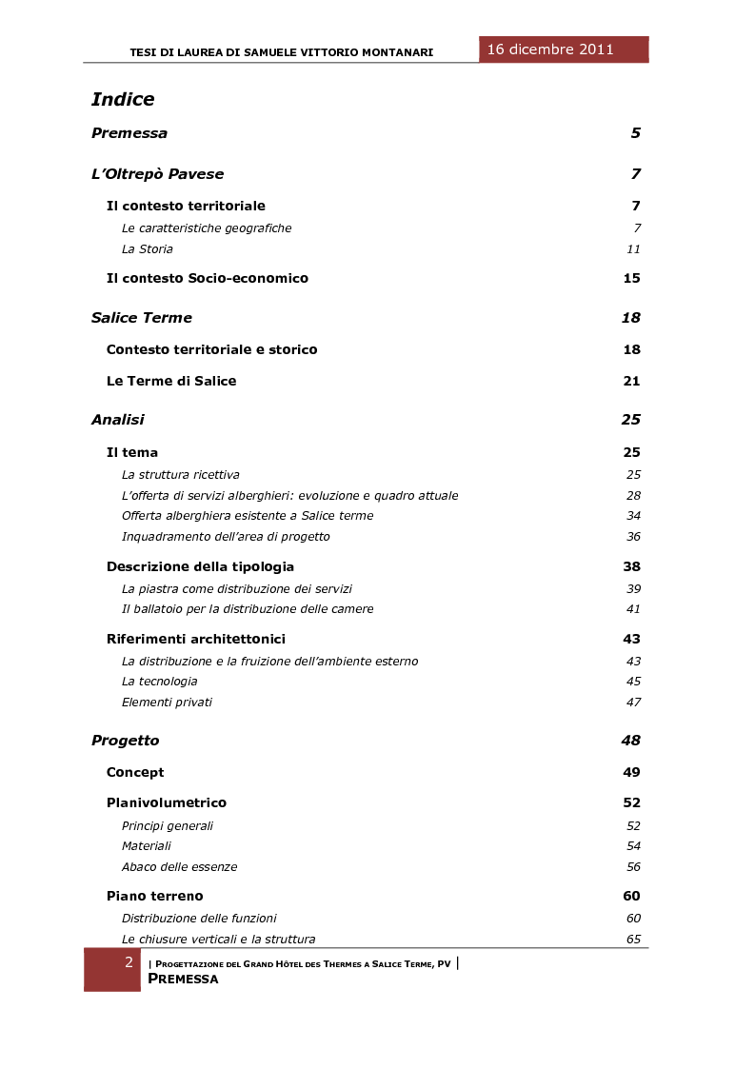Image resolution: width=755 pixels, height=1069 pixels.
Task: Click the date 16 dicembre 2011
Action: click(x=550, y=49)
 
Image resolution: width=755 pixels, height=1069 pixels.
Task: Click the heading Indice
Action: click(x=123, y=100)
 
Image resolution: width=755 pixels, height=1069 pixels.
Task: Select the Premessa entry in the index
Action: click(x=129, y=133)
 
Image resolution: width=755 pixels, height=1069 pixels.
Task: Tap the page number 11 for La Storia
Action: click(x=633, y=249)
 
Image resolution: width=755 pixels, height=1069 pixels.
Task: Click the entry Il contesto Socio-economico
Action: click(x=208, y=279)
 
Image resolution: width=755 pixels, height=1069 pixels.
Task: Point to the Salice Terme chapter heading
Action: click(x=142, y=318)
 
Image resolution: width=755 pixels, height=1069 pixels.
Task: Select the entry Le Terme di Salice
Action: click(x=171, y=382)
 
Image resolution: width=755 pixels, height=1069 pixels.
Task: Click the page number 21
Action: click(x=631, y=382)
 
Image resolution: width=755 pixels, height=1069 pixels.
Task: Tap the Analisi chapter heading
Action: click(x=118, y=420)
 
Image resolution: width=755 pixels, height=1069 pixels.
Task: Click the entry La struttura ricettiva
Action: click(x=181, y=475)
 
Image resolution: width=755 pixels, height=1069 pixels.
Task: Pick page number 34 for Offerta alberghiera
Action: click(x=633, y=516)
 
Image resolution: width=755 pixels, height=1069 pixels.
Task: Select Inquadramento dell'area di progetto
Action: click(x=226, y=537)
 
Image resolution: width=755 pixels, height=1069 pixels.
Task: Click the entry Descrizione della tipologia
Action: click(x=200, y=567)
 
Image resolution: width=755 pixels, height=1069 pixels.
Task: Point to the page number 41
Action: click(x=633, y=609)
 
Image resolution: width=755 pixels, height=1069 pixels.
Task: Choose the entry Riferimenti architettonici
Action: click(x=196, y=640)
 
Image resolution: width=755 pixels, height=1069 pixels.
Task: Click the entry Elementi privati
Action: click(x=167, y=703)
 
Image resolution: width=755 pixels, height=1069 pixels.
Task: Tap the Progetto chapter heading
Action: click(x=126, y=741)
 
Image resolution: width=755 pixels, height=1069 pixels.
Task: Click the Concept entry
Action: click(x=135, y=773)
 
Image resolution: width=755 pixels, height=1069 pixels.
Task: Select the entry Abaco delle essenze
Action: click(x=179, y=867)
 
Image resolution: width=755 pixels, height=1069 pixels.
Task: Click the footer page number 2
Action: click(x=129, y=963)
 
